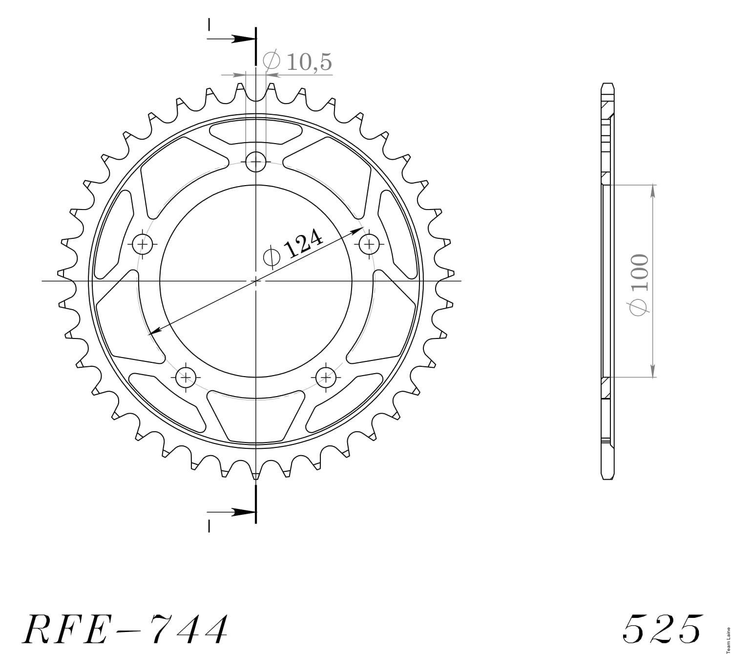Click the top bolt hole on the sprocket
pyautogui.click(x=255, y=161)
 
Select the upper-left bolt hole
pyautogui.click(x=143, y=244)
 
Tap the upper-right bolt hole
pyautogui.click(x=369, y=244)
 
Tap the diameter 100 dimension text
pyautogui.click(x=639, y=284)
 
